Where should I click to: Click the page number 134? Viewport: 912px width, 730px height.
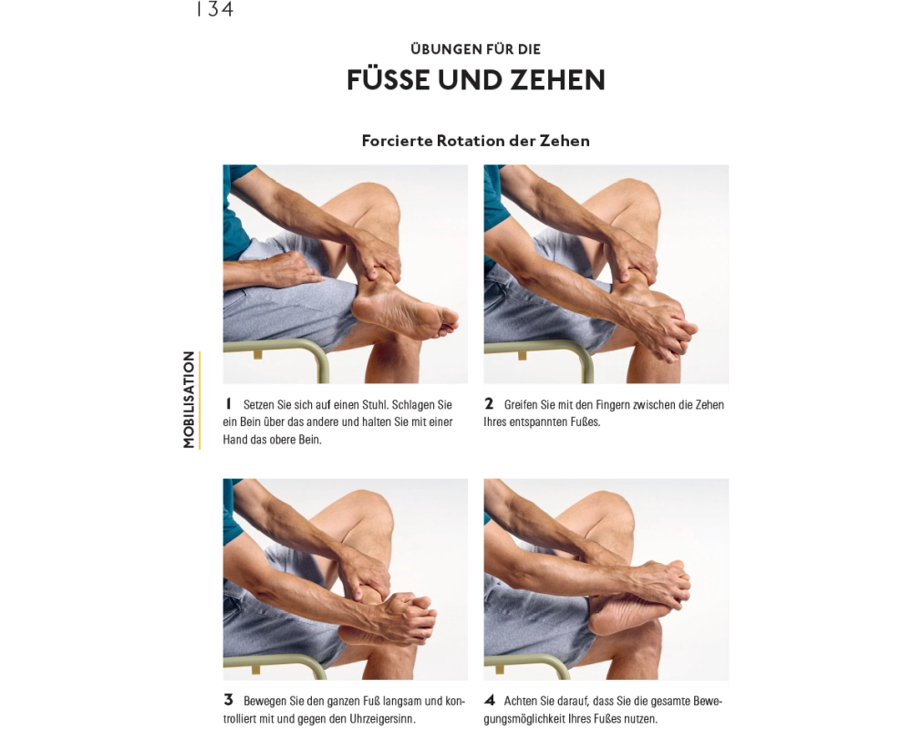tap(215, 9)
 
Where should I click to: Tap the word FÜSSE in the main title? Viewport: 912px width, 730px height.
tap(389, 79)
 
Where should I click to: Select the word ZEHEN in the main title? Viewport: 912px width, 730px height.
tap(558, 79)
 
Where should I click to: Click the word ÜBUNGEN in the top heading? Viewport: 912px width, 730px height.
tap(441, 49)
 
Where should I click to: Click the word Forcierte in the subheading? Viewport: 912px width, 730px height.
tap(398, 141)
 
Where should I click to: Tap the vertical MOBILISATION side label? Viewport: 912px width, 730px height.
tap(189, 400)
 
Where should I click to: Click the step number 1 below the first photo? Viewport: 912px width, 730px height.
tap(229, 403)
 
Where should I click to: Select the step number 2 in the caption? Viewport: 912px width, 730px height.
tap(489, 403)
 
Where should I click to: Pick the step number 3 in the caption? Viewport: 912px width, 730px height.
tap(229, 700)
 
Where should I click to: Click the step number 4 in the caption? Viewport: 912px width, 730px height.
tap(490, 700)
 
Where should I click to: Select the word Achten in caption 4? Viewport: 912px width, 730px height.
tap(520, 702)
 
